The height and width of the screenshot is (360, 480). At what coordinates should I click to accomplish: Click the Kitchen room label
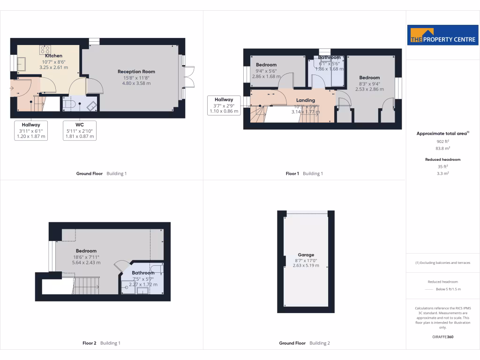53,56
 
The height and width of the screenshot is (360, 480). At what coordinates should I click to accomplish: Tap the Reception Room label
136,72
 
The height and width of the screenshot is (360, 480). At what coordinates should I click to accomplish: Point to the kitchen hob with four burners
45,49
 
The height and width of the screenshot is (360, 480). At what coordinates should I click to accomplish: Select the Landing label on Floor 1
306,100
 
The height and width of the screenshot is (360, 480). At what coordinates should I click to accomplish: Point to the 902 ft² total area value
442,141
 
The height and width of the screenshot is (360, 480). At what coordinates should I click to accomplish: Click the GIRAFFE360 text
442,337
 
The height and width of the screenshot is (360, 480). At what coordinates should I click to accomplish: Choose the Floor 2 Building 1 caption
101,343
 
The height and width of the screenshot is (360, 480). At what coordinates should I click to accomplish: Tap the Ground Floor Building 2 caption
304,343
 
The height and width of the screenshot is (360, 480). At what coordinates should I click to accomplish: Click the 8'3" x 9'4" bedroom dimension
369,83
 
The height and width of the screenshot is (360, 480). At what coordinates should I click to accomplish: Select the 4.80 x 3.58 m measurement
136,83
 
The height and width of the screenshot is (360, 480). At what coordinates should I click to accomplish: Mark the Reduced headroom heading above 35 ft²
442,159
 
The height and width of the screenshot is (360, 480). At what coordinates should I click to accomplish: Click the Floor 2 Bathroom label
143,273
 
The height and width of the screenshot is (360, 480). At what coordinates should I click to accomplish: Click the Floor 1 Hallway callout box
224,105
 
